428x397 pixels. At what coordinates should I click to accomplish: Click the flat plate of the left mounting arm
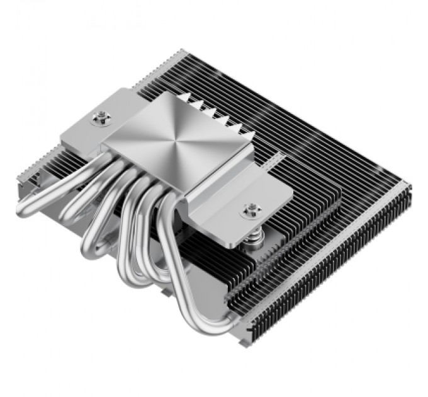pos(88,126)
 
